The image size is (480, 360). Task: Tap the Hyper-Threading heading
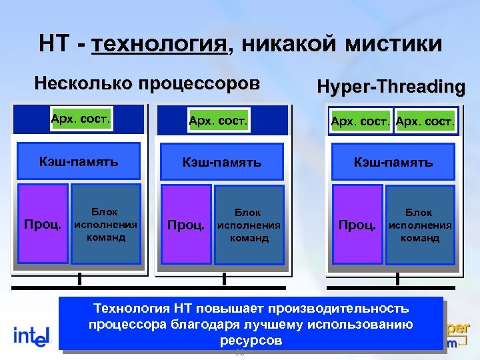tap(391, 87)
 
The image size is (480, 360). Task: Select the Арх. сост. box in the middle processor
tap(218, 121)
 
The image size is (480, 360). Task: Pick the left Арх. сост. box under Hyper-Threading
tap(361, 121)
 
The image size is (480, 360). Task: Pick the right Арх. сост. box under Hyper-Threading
tap(425, 121)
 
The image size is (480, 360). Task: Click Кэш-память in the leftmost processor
tap(79, 161)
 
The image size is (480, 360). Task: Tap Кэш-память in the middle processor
tap(223, 162)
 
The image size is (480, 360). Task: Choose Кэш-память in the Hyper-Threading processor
tap(393, 162)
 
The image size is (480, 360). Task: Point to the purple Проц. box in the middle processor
tap(186, 225)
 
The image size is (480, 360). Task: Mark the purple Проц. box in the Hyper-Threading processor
tap(357, 225)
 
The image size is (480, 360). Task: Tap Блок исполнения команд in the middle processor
tap(249, 225)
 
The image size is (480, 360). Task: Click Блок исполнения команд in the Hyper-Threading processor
tap(419, 225)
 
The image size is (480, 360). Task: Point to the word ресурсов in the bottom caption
tap(251, 340)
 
